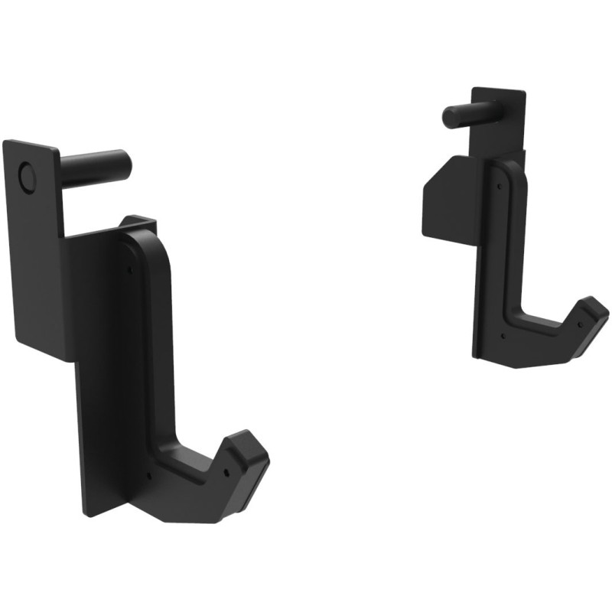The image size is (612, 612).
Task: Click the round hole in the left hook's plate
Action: (x=28, y=177)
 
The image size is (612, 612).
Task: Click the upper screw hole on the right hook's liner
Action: (x=498, y=184)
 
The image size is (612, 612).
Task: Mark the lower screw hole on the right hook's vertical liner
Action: (x=504, y=334)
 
